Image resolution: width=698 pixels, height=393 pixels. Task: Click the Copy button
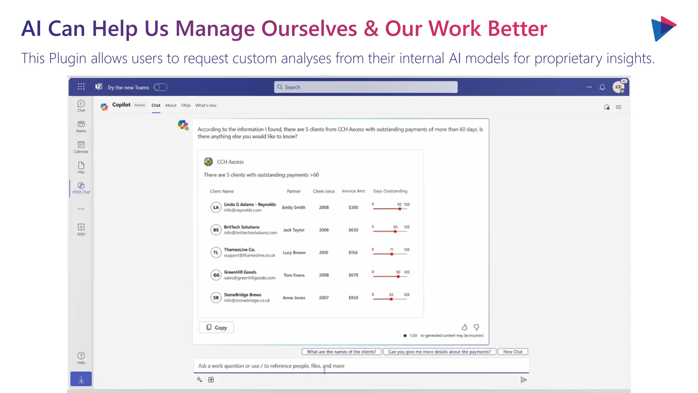pyautogui.click(x=216, y=327)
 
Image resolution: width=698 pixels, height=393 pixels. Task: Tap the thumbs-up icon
pyautogui.click(x=464, y=327)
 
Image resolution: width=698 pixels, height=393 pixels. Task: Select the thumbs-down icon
pyautogui.click(x=476, y=327)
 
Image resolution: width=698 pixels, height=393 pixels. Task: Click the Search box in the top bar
pyautogui.click(x=366, y=87)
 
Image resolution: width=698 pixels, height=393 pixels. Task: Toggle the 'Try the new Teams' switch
pyautogui.click(x=160, y=87)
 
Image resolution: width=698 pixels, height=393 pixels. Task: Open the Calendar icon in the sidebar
pyautogui.click(x=81, y=147)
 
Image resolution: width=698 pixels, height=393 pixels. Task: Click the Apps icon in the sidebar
pyautogui.click(x=81, y=229)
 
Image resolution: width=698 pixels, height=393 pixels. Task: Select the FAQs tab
pyautogui.click(x=186, y=105)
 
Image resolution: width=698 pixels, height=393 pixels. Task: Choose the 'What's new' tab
pyautogui.click(x=206, y=105)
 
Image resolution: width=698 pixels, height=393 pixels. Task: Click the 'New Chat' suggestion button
pyautogui.click(x=513, y=352)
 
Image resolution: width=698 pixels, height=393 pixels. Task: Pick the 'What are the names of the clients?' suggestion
pyautogui.click(x=341, y=352)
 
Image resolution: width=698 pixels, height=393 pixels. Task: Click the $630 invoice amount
pyautogui.click(x=353, y=230)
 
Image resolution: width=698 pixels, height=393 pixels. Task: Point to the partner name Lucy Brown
pyautogui.click(x=294, y=253)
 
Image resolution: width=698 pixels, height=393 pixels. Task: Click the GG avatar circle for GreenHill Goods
pyautogui.click(x=216, y=275)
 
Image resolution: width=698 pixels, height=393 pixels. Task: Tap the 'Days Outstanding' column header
pyautogui.click(x=390, y=191)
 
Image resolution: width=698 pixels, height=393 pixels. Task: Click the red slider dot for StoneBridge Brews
pyautogui.click(x=391, y=299)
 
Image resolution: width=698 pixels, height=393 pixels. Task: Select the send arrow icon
pyautogui.click(x=523, y=380)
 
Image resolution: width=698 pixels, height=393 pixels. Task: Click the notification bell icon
pyautogui.click(x=602, y=87)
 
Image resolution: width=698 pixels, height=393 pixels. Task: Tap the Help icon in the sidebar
pyautogui.click(x=81, y=358)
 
